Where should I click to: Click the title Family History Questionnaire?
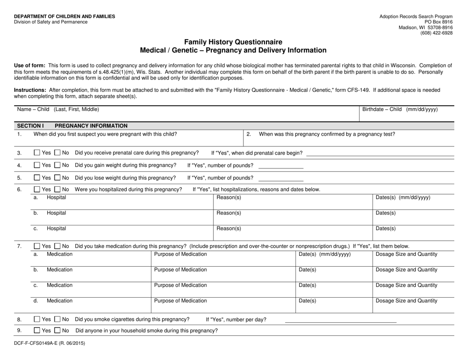click(x=233, y=42)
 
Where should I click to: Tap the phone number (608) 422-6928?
click(x=436, y=33)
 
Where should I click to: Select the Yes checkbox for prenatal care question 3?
click(x=37, y=153)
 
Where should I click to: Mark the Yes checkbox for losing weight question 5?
click(x=37, y=178)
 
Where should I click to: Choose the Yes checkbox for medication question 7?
click(x=37, y=246)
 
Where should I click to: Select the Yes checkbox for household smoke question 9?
click(x=37, y=331)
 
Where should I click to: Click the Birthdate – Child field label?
click(x=400, y=110)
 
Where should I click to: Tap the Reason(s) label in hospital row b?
click(x=229, y=213)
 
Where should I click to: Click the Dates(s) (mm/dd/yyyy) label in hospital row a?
click(x=403, y=197)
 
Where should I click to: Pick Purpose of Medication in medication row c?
click(x=180, y=285)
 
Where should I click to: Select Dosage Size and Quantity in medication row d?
click(x=406, y=301)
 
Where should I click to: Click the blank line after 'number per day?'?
click(x=340, y=321)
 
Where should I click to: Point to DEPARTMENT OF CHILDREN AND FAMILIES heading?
click(x=64, y=16)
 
